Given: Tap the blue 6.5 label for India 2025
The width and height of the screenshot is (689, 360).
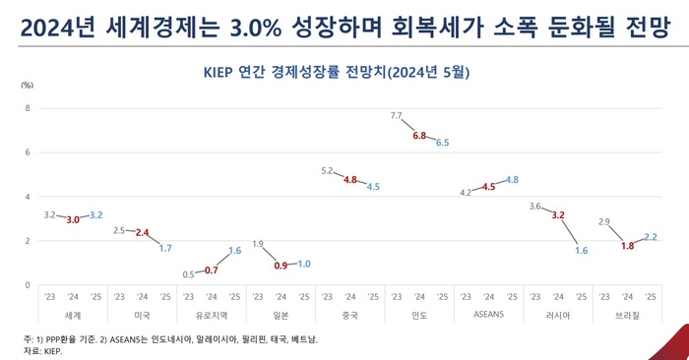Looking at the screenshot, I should pyautogui.click(x=442, y=143).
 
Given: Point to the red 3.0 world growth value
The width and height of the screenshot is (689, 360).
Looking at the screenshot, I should pyautogui.click(x=73, y=220).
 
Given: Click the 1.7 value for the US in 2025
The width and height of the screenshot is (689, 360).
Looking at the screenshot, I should pyautogui.click(x=164, y=248).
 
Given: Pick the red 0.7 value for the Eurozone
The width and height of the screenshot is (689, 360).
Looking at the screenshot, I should pyautogui.click(x=212, y=270).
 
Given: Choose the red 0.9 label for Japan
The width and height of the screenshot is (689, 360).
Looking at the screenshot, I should pyautogui.click(x=281, y=266).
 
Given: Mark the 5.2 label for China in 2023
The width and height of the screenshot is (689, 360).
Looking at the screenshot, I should pyautogui.click(x=327, y=171).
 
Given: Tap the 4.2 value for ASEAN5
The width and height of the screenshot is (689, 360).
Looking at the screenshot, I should pyautogui.click(x=466, y=193).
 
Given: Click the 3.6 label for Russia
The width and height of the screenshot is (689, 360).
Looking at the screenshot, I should pyautogui.click(x=534, y=207).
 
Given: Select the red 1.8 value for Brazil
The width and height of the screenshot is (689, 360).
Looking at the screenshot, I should pyautogui.click(x=627, y=246).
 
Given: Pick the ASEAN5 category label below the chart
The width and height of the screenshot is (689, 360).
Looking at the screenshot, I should pyautogui.click(x=488, y=315).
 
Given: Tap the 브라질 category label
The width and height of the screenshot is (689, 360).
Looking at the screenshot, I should pyautogui.click(x=627, y=315).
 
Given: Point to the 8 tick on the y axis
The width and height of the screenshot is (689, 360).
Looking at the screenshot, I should pyautogui.click(x=28, y=108).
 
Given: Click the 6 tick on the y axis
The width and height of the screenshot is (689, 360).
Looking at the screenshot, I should pyautogui.click(x=28, y=152).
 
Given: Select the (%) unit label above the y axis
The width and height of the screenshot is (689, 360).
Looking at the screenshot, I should pyautogui.click(x=27, y=87).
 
